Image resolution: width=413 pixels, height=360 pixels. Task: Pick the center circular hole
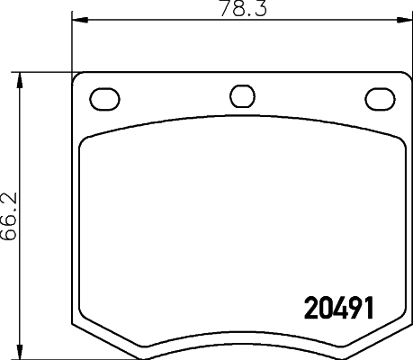click(241, 95)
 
